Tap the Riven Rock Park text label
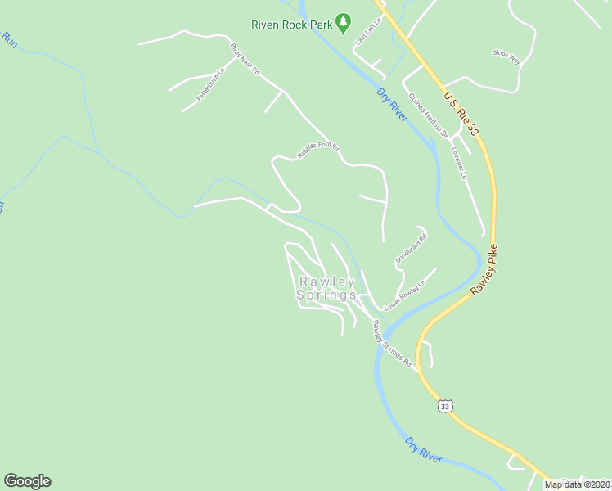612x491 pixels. [292, 25]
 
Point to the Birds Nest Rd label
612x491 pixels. [245, 60]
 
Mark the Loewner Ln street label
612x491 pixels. [462, 164]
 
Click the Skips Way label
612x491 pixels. [506, 56]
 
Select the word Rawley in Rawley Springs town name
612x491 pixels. [327, 282]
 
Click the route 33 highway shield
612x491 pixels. [444, 405]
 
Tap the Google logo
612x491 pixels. [27, 481]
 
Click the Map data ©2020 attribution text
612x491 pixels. [578, 484]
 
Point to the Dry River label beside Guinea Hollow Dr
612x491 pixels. [393, 104]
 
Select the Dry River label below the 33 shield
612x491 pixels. [424, 449]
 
